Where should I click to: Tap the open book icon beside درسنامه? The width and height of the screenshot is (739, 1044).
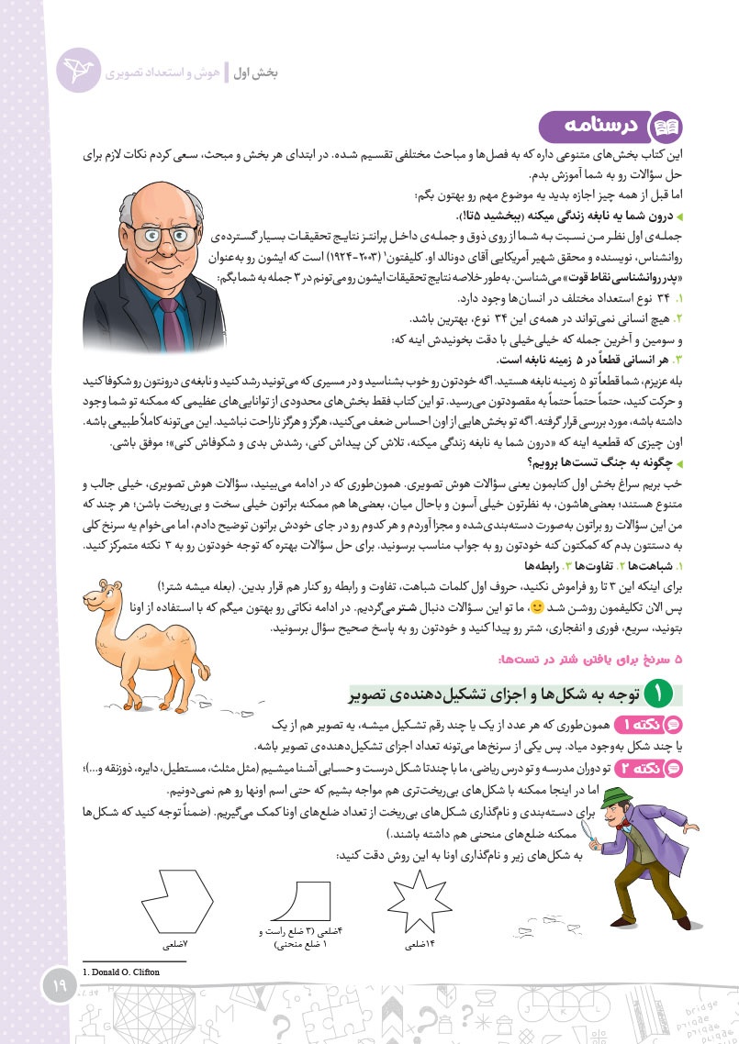664,128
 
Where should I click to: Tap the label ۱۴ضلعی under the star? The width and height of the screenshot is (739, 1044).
419,943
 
